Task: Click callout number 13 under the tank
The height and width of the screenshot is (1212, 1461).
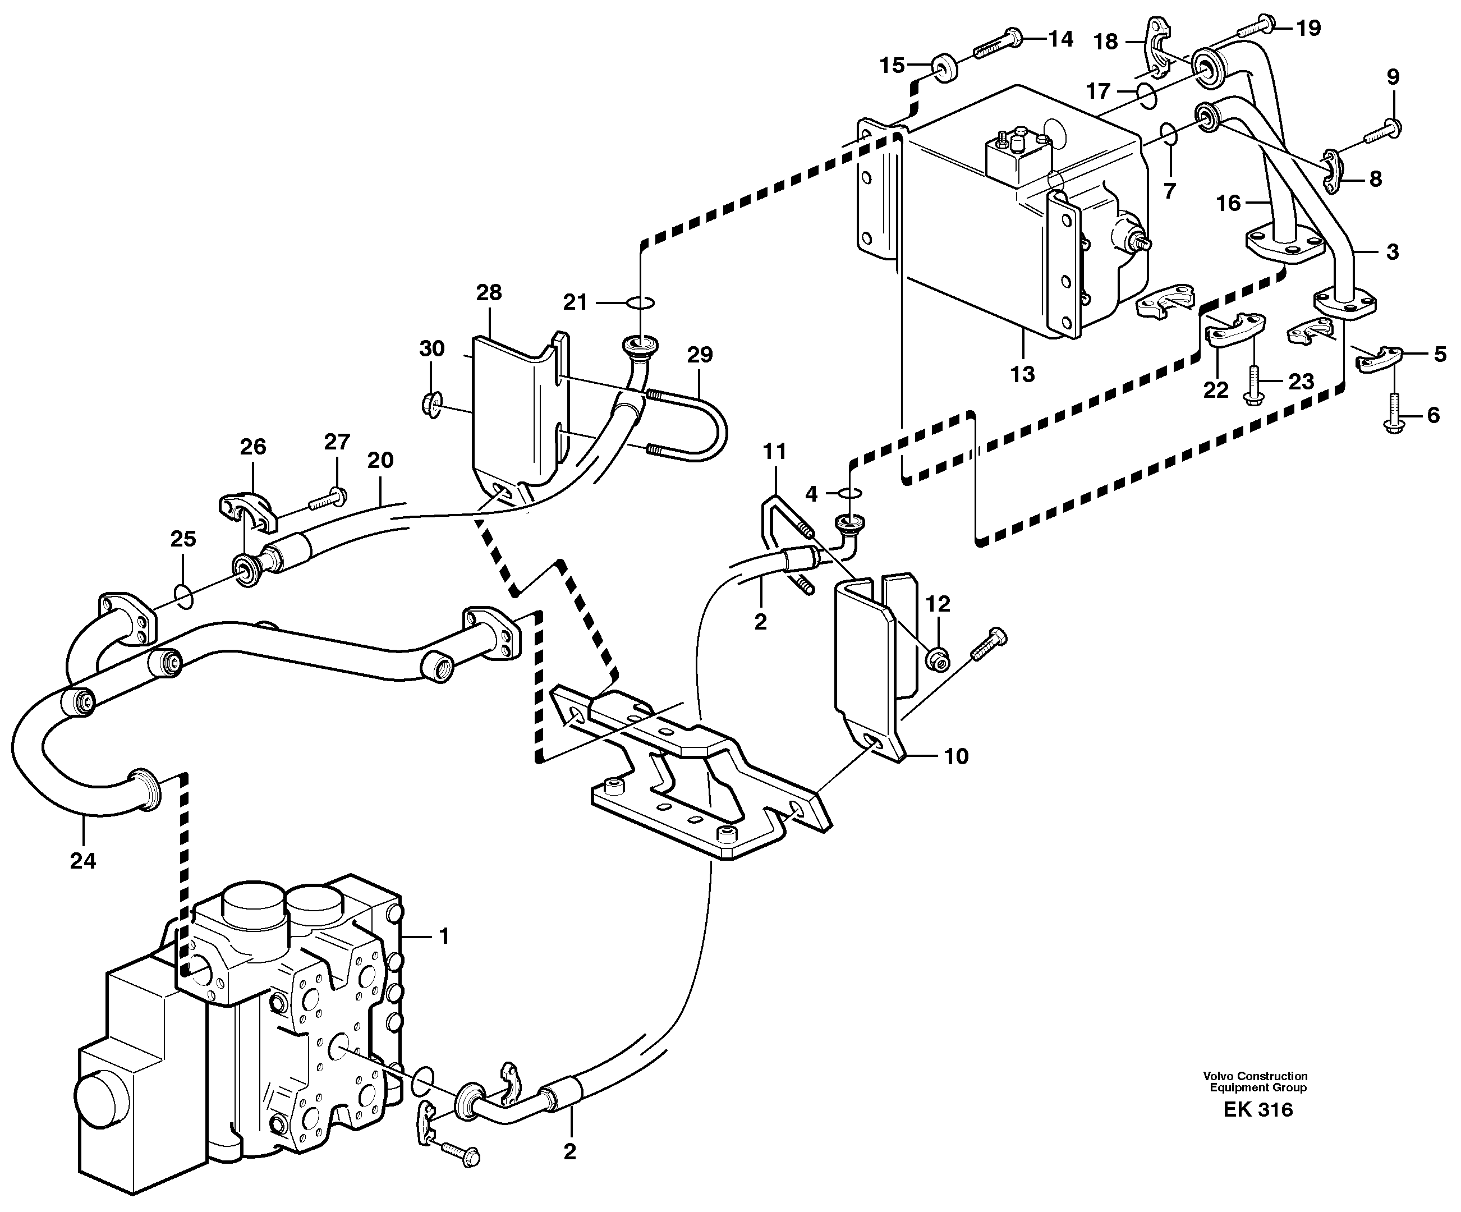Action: click(x=1022, y=374)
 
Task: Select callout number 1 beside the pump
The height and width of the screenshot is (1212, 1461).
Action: click(x=444, y=936)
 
